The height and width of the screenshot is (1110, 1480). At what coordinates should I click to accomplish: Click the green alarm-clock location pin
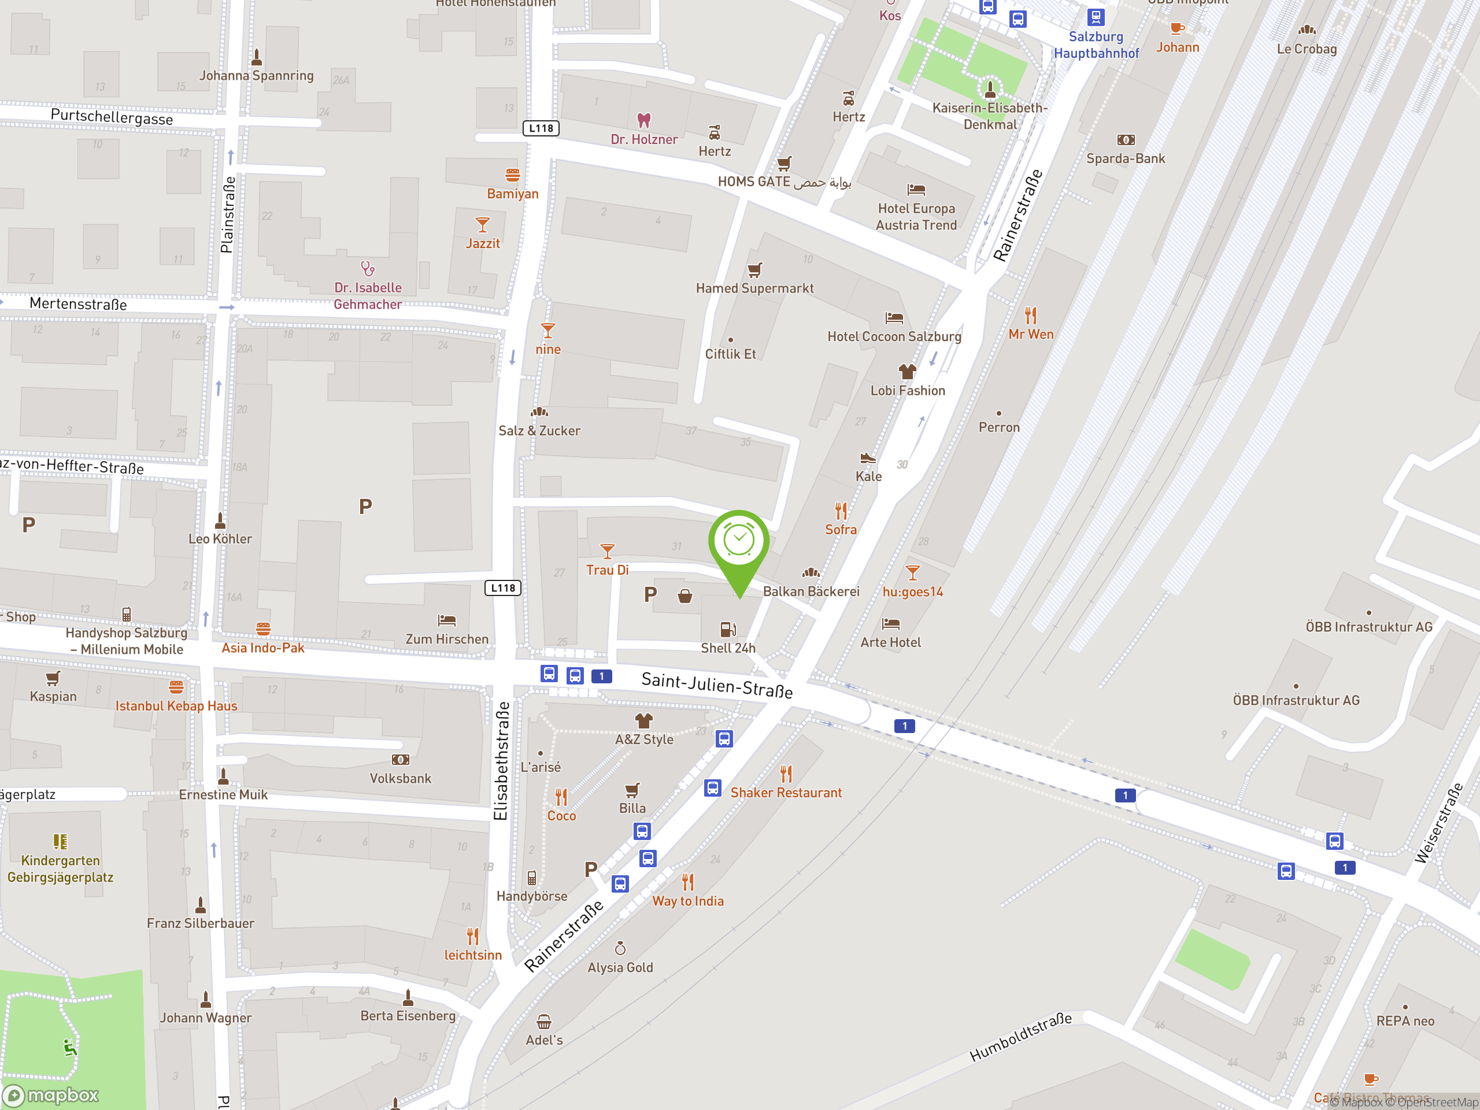pos(739,542)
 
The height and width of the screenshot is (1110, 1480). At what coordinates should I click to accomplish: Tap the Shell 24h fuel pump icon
pos(728,629)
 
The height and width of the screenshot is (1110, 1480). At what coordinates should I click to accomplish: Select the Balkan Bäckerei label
pos(811,591)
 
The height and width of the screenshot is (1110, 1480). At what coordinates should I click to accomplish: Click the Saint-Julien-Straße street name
pos(716,684)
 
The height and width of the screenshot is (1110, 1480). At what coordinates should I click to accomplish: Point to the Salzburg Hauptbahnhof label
pos(1096,45)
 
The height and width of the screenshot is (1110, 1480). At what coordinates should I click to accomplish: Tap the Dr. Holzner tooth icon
pos(643,120)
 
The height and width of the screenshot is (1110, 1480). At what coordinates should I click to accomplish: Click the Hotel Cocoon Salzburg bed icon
pos(894,318)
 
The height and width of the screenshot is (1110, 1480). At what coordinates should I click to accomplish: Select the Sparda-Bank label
pos(1126,158)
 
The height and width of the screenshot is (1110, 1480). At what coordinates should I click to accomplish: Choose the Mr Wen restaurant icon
pos(1030,314)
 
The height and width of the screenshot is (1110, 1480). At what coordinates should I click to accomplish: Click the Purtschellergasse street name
pos(112,118)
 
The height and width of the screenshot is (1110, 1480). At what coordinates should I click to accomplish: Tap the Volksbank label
pos(400,778)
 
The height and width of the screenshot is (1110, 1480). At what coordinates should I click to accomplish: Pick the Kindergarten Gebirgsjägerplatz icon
pos(60,841)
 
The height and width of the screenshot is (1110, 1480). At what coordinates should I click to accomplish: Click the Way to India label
pos(688,901)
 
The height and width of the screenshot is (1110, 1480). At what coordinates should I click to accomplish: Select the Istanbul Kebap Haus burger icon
pos(176,687)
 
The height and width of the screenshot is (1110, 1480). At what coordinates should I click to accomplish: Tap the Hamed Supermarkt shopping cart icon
pos(754,271)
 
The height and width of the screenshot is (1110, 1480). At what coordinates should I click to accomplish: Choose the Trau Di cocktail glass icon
pos(607,550)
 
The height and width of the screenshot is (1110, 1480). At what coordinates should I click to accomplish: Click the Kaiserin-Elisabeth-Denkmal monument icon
pos(990,88)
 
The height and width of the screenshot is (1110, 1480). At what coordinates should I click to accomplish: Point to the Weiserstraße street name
pos(1438,823)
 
